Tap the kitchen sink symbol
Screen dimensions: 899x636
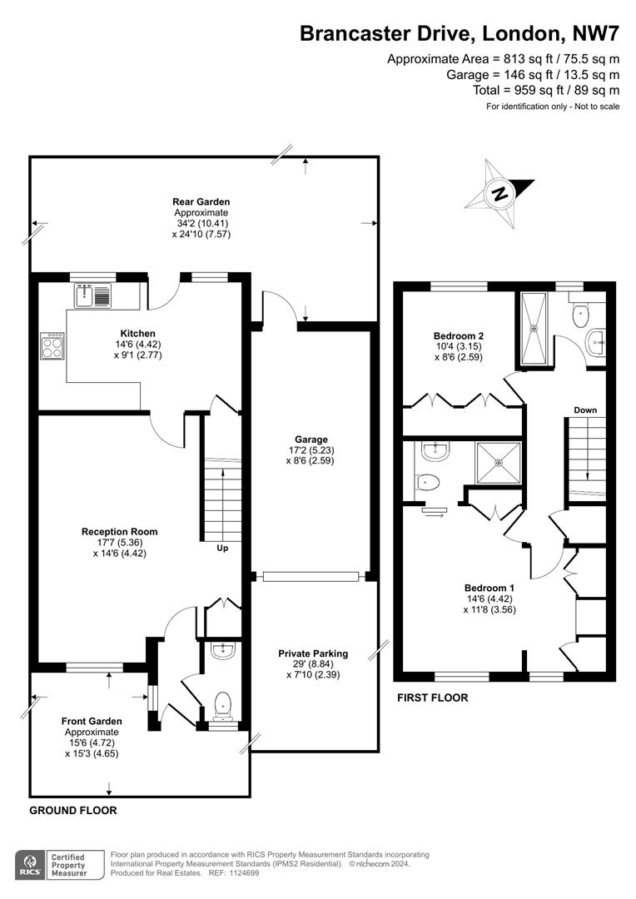[x=92, y=295]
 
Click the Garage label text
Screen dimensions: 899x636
[x=311, y=440]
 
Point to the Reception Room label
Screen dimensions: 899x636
[x=119, y=531]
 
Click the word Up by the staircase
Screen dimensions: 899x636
[x=221, y=548]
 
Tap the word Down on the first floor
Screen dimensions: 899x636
[x=585, y=410]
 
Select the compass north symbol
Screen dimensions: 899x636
[x=499, y=193]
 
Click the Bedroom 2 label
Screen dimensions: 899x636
[x=453, y=336]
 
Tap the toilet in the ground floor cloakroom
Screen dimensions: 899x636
[x=222, y=706]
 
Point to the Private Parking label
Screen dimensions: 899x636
[x=312, y=653]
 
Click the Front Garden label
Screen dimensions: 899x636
[x=92, y=721]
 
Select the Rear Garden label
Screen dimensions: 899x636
[x=201, y=201]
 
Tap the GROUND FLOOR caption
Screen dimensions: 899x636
[x=73, y=810]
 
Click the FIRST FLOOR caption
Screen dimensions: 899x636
[x=432, y=698]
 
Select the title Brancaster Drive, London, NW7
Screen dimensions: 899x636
[x=459, y=34]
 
